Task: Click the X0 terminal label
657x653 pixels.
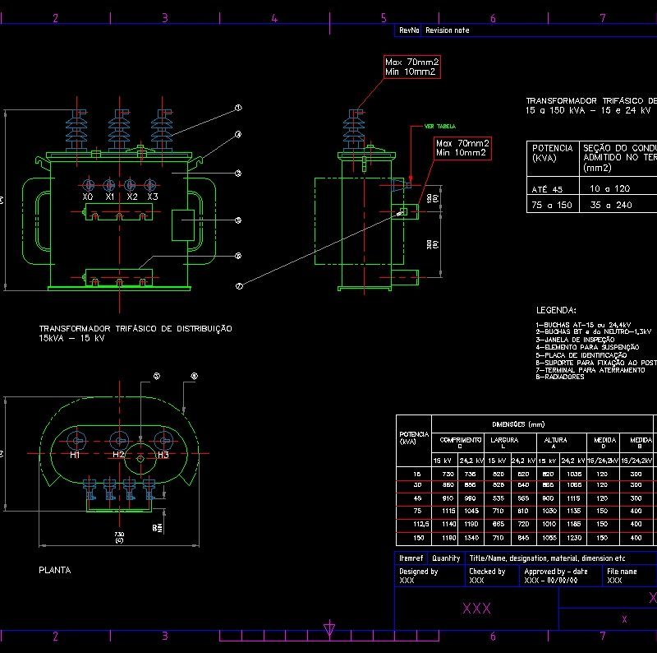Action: (88, 197)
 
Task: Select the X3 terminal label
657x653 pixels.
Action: (153, 197)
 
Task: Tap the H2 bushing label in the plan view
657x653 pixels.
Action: (119, 455)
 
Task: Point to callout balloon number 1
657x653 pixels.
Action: (237, 108)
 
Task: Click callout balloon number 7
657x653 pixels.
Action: (239, 286)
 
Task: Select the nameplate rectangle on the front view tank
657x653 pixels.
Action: (182, 225)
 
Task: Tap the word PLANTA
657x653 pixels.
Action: (55, 569)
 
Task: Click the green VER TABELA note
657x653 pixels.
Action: (439, 127)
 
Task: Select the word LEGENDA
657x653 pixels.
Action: (556, 310)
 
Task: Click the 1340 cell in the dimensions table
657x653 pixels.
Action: (471, 538)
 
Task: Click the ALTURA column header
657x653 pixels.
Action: (556, 440)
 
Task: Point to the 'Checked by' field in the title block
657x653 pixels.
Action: (487, 571)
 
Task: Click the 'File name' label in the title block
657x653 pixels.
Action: (621, 571)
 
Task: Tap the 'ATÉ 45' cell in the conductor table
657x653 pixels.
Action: (547, 189)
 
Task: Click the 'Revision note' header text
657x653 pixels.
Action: (448, 30)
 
